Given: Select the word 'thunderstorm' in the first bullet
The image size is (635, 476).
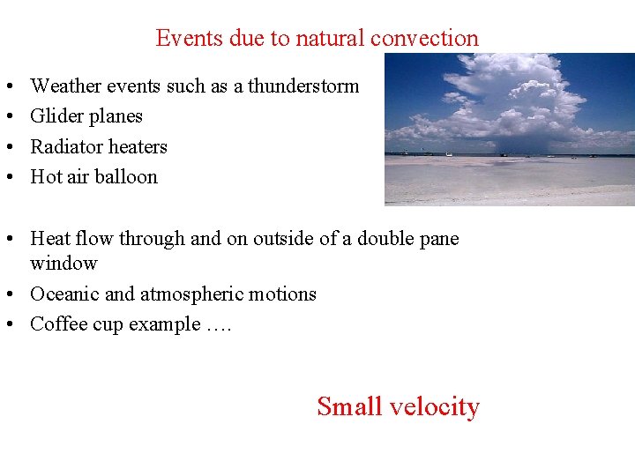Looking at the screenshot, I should point(303,86).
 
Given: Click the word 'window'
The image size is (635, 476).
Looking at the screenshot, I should point(63,263).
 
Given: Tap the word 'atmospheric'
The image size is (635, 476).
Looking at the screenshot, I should point(187,294).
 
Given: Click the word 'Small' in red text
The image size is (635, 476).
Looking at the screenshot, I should point(348,406).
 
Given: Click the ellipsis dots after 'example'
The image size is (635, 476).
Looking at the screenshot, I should point(218,324).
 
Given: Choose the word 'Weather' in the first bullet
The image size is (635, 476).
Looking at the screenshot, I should point(63,86).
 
